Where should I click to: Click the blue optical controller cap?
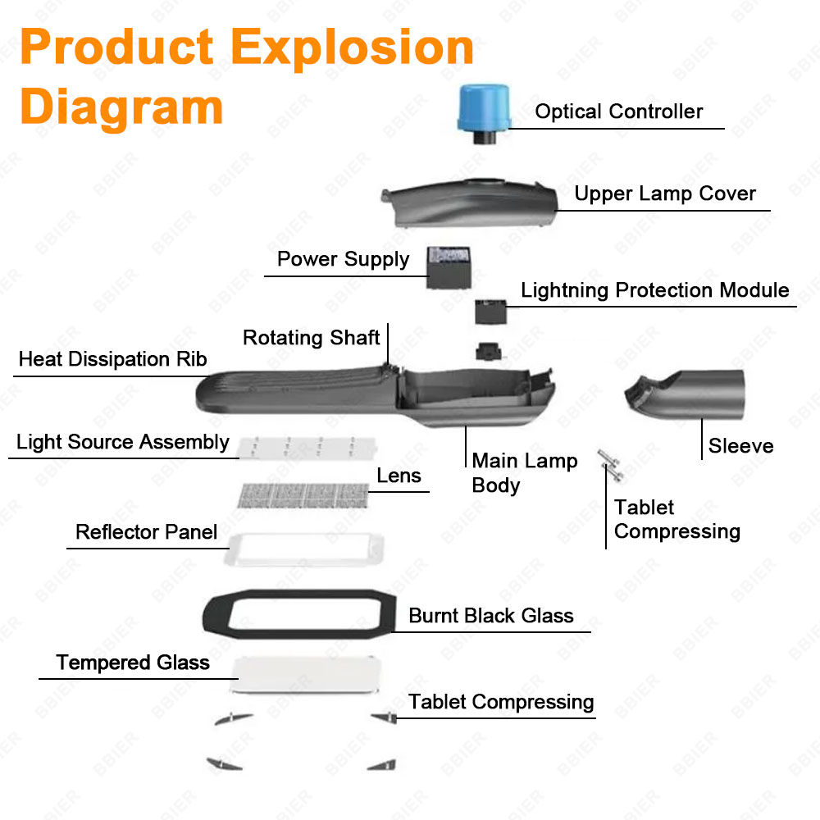tap(484, 107)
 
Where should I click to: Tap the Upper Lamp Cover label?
tap(664, 194)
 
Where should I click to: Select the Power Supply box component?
tap(450, 266)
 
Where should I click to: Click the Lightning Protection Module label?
tap(654, 290)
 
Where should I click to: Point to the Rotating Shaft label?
tap(311, 338)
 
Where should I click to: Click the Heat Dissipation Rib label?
tap(112, 359)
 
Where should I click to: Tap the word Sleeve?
tap(740, 446)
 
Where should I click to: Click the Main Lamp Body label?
tap(524, 472)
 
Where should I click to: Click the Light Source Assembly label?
tap(123, 443)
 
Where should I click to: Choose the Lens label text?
tap(399, 476)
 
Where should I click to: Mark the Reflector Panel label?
tap(146, 532)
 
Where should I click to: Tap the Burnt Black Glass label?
tap(490, 616)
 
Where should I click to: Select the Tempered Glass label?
tap(133, 663)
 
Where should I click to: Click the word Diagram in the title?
tap(121, 107)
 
